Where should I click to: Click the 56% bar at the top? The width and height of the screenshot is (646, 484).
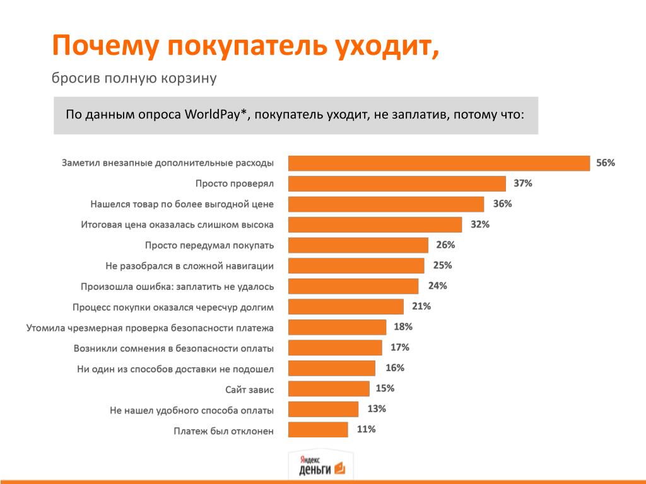point(439,163)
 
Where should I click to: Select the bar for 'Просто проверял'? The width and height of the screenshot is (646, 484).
point(397,183)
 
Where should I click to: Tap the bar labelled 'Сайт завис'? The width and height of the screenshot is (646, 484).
point(329,389)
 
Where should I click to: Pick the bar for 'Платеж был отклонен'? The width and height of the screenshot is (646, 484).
point(318,430)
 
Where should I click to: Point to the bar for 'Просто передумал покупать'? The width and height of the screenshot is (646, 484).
point(358,245)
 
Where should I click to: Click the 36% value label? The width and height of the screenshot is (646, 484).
point(502,204)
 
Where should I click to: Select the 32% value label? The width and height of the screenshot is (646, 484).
point(480,224)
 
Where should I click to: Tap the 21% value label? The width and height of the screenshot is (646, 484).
point(421,306)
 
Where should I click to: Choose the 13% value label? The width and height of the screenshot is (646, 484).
point(377,409)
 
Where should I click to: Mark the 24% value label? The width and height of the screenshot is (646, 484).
point(437,285)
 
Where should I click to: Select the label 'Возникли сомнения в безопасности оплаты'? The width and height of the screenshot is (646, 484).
point(173,348)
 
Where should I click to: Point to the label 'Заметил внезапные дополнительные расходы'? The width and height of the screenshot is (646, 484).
point(168,163)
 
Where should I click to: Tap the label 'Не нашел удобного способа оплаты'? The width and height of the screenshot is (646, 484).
point(192,410)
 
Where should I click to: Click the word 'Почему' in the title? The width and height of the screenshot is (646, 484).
point(105,47)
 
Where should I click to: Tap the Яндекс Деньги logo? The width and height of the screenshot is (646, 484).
point(321,466)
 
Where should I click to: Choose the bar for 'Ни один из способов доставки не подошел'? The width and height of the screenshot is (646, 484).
point(332,368)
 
